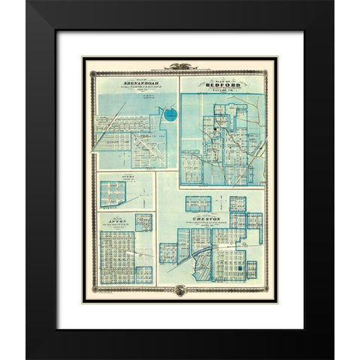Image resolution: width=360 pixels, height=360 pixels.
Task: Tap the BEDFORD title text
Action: coord(221,86)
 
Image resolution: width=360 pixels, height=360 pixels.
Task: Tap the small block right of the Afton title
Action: coord(143,222)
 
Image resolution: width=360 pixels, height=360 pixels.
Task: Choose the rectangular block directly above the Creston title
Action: coord(197,204)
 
